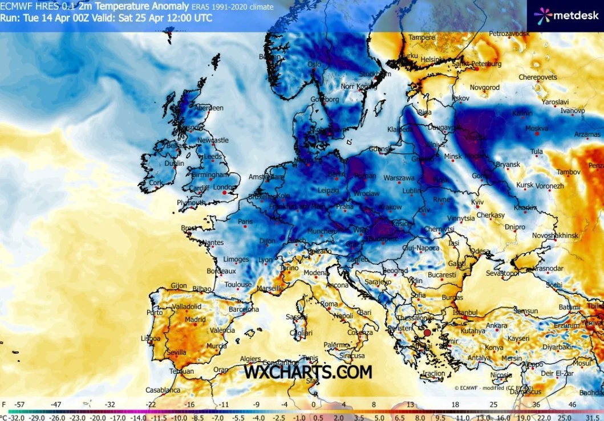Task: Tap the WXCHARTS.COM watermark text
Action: pos(308,372)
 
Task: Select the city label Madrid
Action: pos(195,320)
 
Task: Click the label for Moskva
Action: pos(536,128)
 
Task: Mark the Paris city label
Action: pos(245,221)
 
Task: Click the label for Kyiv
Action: pos(477,203)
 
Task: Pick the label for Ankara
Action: pos(496,326)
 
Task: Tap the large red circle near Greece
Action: pos(427,333)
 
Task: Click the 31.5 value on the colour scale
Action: pos(590,417)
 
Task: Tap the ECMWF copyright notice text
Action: pos(494,388)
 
